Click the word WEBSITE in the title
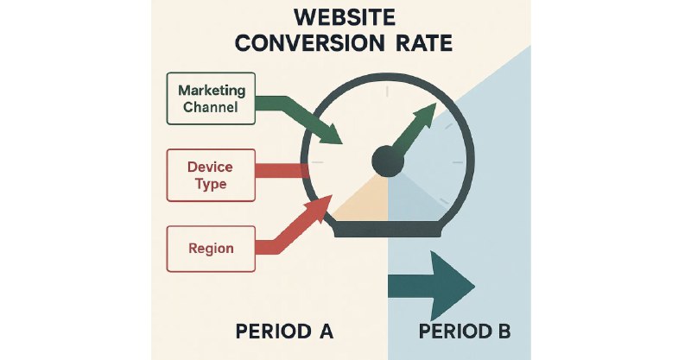[344, 17]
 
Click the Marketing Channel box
[211, 98]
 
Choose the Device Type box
[211, 175]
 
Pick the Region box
[211, 249]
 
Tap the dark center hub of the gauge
[388, 161]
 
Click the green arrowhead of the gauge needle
[425, 116]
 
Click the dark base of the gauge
[388, 229]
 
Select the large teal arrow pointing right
[430, 287]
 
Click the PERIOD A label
[284, 332]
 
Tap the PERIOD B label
[465, 332]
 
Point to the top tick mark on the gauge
[387, 92]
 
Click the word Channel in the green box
[211, 107]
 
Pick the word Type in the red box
[211, 184]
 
